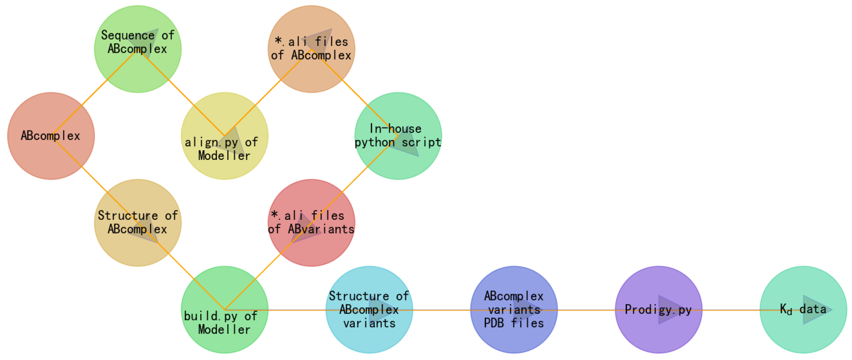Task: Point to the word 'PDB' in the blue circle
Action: [x=494, y=323]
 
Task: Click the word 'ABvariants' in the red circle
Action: [x=321, y=229]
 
